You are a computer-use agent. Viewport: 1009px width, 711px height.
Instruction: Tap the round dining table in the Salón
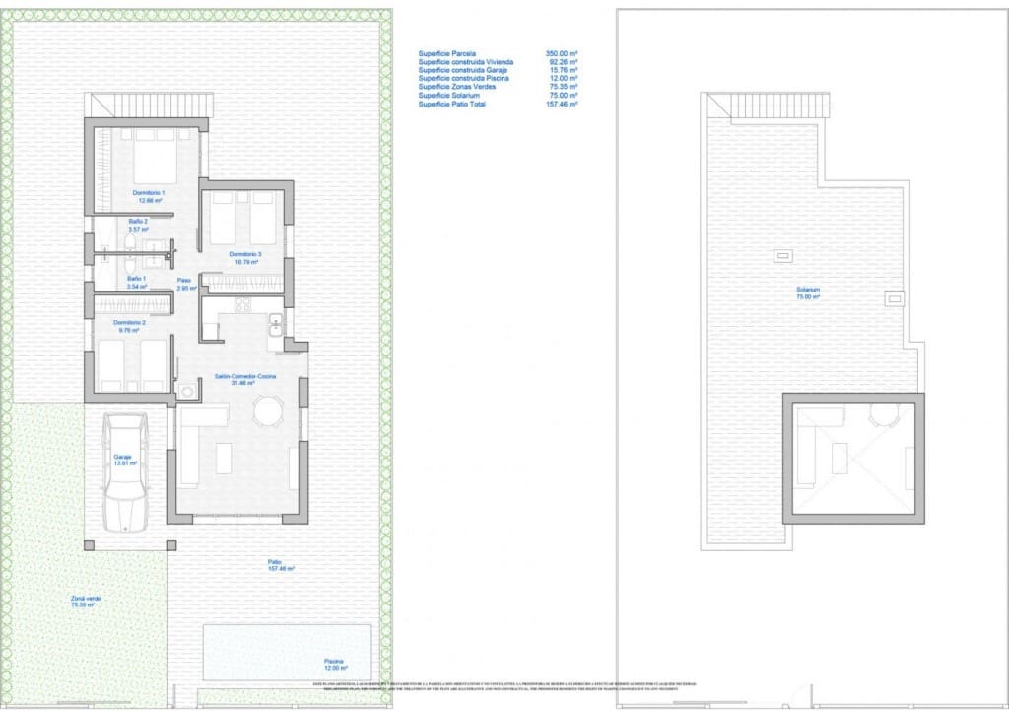[267, 410]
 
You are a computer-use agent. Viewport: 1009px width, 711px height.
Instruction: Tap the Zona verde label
[86, 601]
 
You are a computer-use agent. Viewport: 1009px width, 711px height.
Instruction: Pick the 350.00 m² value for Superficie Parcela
[562, 52]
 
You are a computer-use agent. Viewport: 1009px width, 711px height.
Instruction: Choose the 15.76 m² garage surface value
[563, 70]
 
